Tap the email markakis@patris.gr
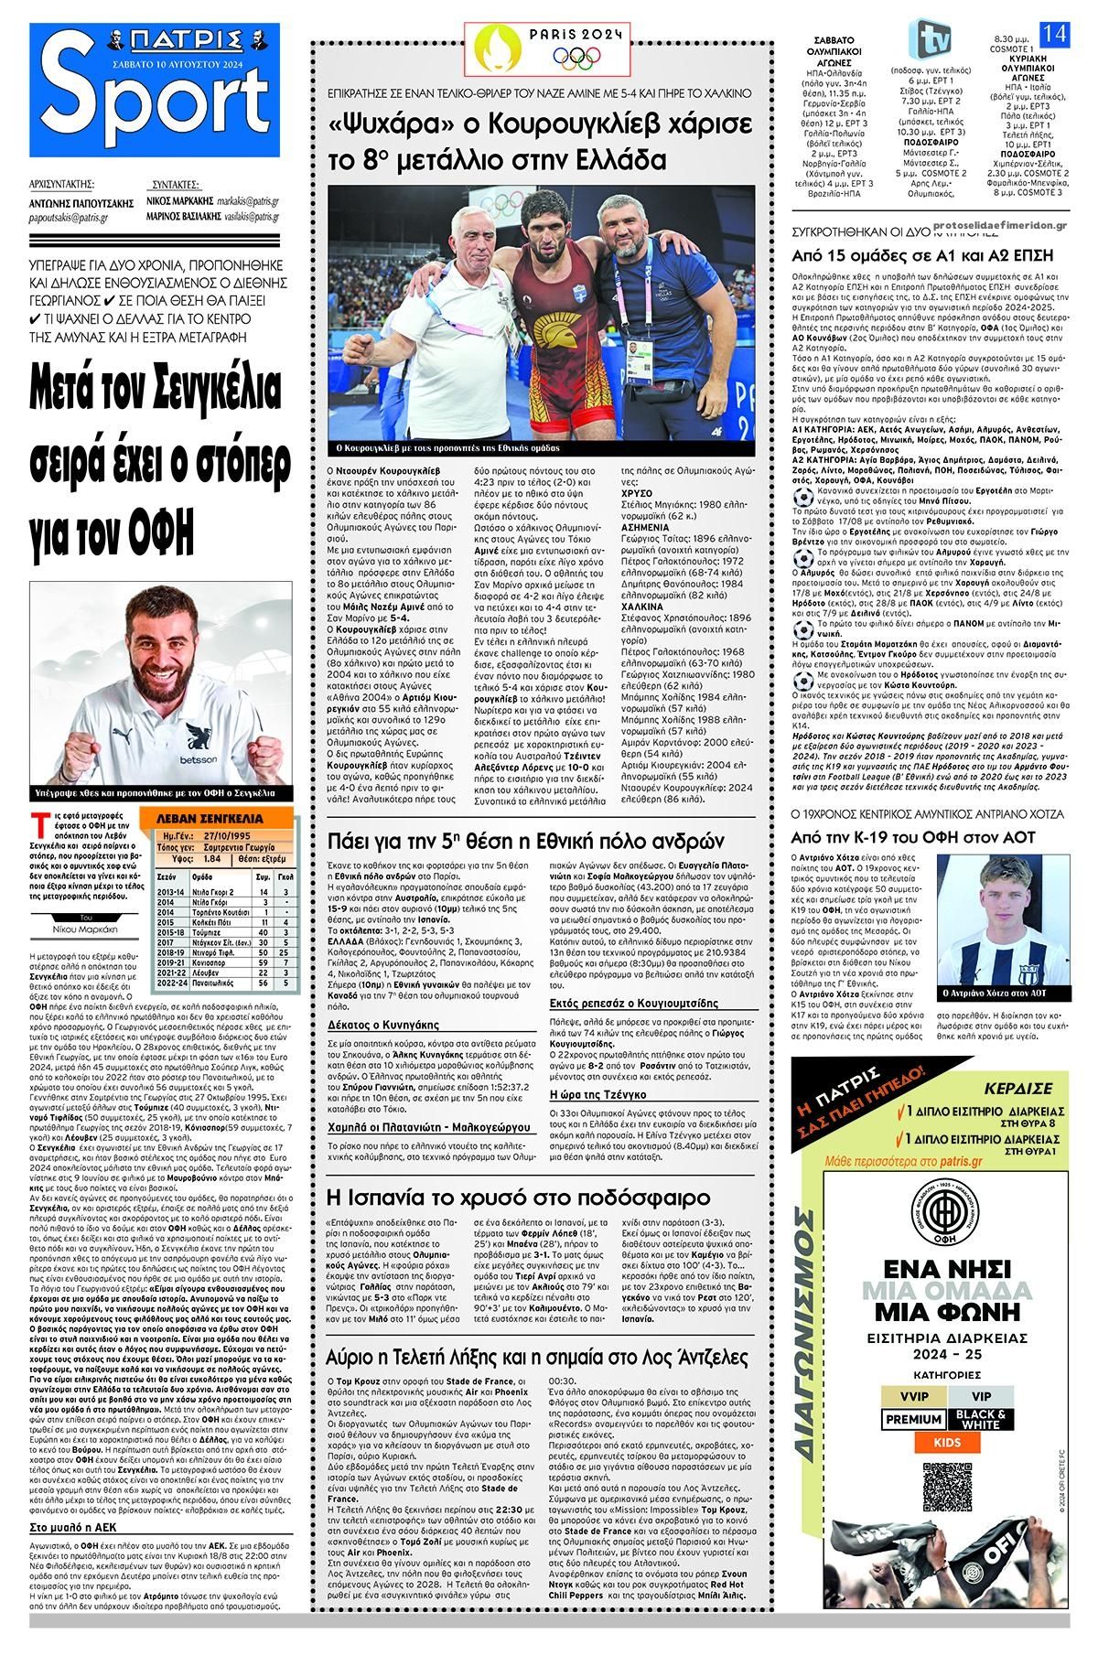tap(246, 199)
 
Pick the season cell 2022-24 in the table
tap(171, 983)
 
